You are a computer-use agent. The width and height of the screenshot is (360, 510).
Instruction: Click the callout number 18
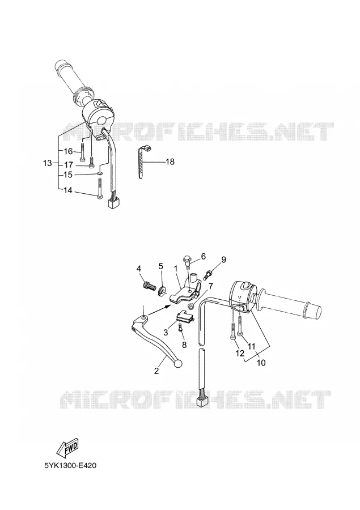[x=170, y=161]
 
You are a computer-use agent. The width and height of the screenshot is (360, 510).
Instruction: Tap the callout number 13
[x=48, y=163]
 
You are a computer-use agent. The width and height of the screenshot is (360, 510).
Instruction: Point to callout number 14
[x=67, y=190]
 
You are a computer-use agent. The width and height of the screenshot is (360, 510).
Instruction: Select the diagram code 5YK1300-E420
[x=70, y=466]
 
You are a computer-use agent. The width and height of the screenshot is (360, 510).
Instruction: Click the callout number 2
[x=156, y=371]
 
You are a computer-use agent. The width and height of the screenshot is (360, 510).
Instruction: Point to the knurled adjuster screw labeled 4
[x=148, y=287]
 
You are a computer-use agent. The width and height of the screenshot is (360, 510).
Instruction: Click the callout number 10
[x=261, y=362]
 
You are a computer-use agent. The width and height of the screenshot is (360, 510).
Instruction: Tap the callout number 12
[x=240, y=354]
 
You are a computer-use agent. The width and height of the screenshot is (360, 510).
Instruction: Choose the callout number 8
[x=184, y=345]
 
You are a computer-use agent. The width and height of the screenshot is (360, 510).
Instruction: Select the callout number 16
[x=67, y=151]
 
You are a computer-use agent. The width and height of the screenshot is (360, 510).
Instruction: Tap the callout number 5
[x=160, y=266]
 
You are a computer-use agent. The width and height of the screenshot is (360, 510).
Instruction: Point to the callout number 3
[x=166, y=333]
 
